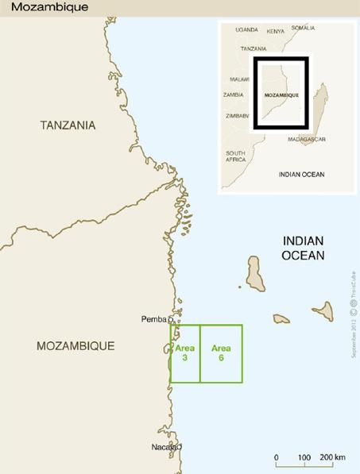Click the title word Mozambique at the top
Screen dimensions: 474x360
tap(45, 6)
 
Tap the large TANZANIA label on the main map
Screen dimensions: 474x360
tap(68, 125)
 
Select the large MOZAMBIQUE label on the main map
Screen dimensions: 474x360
tap(75, 346)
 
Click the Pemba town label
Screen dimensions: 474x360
tap(153, 319)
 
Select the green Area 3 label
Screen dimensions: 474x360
tap(184, 353)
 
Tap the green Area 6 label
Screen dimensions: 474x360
tap(221, 353)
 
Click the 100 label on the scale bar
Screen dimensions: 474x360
tap(304, 458)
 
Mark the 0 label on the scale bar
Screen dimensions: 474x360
tap(276, 458)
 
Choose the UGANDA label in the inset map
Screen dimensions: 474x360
tap(246, 29)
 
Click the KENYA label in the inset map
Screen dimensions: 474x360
tap(276, 31)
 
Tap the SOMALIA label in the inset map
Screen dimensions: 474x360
tap(303, 28)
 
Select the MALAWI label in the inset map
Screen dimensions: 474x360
tap(238, 79)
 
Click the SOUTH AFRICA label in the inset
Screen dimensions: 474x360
tap(235, 156)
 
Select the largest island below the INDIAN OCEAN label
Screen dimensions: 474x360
tap(254, 273)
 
